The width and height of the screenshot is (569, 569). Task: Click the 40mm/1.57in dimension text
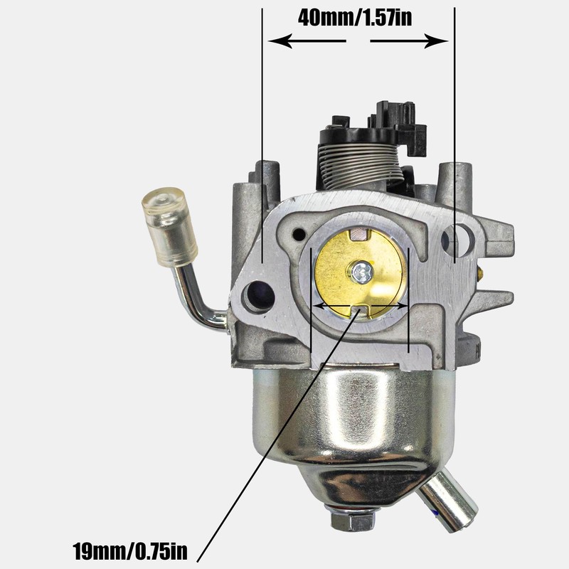(x=355, y=18)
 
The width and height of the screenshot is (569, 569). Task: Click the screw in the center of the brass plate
(x=361, y=270)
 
